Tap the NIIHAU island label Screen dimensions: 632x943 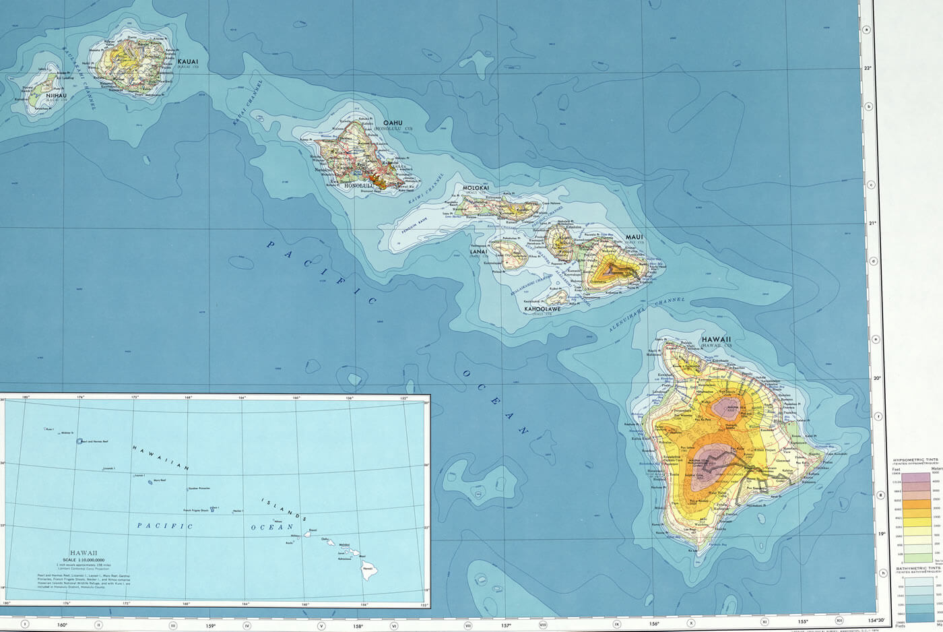(x=56, y=96)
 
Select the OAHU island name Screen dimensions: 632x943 (x=393, y=123)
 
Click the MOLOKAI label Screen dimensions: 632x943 (x=476, y=188)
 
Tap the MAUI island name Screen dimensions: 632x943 (x=634, y=237)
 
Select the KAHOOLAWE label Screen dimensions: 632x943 (x=543, y=309)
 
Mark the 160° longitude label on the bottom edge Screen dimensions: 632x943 (x=62, y=625)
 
